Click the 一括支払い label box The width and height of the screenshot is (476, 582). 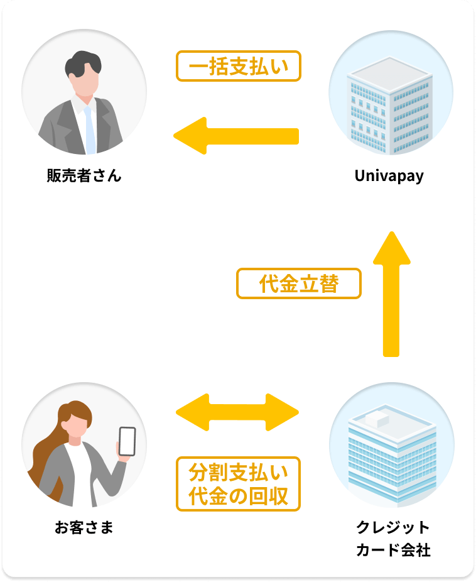(x=239, y=66)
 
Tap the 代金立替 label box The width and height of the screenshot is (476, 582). (x=299, y=284)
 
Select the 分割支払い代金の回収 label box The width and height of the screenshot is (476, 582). (x=239, y=483)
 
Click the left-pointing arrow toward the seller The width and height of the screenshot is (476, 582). (x=235, y=136)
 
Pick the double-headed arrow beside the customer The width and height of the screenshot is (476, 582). (x=237, y=412)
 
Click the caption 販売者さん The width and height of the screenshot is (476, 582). (x=84, y=176)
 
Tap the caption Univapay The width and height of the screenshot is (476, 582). (x=389, y=176)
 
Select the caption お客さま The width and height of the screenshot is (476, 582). (x=84, y=527)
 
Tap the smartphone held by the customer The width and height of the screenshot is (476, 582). (x=127, y=441)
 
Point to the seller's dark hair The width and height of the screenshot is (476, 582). (x=84, y=62)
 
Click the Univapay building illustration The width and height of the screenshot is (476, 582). (x=391, y=104)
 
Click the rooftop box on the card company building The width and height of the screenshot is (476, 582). (x=376, y=415)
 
